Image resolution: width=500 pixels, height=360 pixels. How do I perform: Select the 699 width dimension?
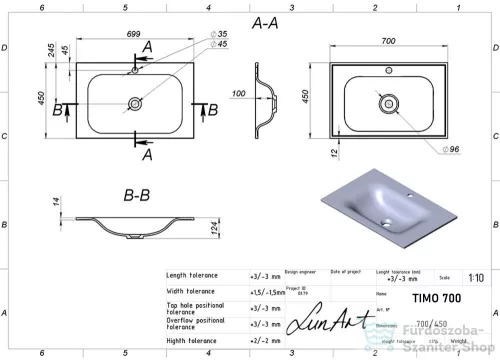click(133, 35)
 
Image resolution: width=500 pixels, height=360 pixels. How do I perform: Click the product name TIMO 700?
click(437, 297)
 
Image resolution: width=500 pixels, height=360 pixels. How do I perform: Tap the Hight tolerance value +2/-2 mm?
click(261, 340)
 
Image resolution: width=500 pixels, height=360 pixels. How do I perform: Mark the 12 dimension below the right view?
click(316, 153)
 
